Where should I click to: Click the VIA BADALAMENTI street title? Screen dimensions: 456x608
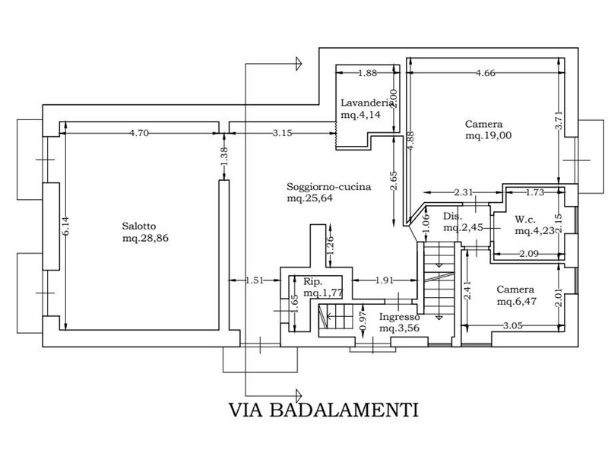click(325, 410)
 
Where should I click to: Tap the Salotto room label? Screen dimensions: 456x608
click(138, 226)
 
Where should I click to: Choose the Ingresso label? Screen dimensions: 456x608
click(400, 317)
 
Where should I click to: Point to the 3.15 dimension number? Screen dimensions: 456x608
click(282, 133)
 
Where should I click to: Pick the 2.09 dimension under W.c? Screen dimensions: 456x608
click(528, 253)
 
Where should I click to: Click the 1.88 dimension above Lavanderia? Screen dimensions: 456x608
click(367, 74)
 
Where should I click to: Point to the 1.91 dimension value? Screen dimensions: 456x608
click(385, 280)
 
